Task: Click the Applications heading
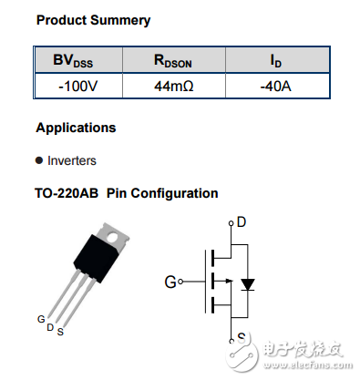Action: (x=76, y=128)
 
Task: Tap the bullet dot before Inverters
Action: (x=39, y=160)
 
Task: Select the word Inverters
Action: (x=72, y=160)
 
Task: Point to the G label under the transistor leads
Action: (x=41, y=319)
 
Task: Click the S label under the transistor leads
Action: (x=60, y=331)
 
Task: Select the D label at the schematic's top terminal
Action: (x=241, y=221)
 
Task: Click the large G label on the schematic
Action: (x=170, y=282)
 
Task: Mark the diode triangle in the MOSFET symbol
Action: (x=245, y=284)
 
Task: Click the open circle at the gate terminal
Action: (x=182, y=282)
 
